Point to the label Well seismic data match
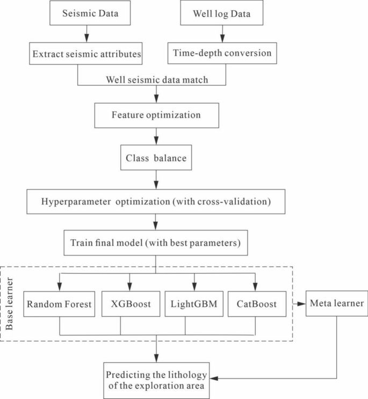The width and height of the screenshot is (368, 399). click(x=156, y=80)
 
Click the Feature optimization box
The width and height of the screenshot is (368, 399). click(x=156, y=115)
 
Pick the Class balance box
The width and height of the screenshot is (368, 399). click(x=156, y=159)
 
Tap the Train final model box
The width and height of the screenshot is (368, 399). click(x=156, y=243)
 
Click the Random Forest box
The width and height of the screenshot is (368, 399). click(x=59, y=304)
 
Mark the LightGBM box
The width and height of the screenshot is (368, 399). click(x=193, y=304)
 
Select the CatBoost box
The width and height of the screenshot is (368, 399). click(x=256, y=304)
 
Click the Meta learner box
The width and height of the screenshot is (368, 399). click(x=337, y=304)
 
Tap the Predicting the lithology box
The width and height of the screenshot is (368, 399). click(x=156, y=380)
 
